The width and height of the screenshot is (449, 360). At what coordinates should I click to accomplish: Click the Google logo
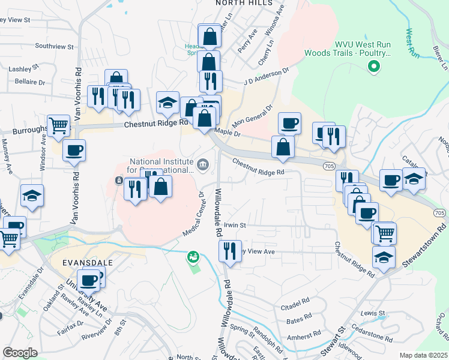point(20,353)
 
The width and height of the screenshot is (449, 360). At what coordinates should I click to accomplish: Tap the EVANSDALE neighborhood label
point(88,263)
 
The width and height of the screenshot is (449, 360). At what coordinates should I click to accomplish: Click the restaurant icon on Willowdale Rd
point(229,251)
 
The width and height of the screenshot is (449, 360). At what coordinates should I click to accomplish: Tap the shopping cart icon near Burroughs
point(59,126)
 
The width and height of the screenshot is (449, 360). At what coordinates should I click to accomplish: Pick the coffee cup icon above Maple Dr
point(289,123)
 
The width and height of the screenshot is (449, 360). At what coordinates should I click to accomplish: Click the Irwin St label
point(235,225)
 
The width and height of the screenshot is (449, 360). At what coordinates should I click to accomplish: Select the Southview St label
point(54,46)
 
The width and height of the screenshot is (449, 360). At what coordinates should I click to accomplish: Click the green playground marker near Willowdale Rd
point(193,257)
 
